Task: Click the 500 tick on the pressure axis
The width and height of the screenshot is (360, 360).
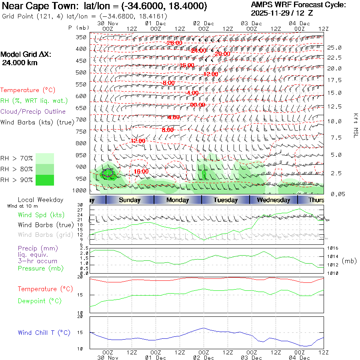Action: [81, 72]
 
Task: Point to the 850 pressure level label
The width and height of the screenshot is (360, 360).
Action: [81, 155]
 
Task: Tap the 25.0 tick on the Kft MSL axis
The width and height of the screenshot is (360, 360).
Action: [334, 48]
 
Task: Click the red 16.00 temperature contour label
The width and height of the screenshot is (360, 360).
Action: [141, 171]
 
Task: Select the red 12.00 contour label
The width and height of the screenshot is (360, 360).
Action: [138, 141]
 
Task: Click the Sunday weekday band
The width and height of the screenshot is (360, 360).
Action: [130, 200]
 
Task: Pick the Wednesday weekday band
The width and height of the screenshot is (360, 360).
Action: [273, 200]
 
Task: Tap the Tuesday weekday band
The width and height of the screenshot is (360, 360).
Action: [225, 200]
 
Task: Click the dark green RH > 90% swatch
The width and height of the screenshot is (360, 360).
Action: [45, 180]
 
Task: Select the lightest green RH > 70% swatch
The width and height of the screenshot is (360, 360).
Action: [45, 158]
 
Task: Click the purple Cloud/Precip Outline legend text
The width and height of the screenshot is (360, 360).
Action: [33, 112]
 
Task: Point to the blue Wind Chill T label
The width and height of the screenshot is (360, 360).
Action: [44, 333]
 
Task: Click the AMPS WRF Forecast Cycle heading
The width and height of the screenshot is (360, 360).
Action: [298, 5]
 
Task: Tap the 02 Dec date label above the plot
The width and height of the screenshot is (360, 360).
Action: [203, 23]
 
